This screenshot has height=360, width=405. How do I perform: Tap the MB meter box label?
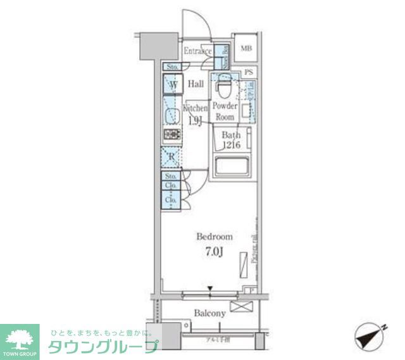tap(246, 48)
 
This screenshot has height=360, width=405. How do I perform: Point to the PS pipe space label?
tap(249, 73)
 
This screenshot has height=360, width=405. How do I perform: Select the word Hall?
tap(196, 84)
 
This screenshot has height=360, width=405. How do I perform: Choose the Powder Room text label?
tap(225, 111)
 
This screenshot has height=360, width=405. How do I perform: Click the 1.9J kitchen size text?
tap(195, 120)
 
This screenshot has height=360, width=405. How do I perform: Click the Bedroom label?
tap(214, 237)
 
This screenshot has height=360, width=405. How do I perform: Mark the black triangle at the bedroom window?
tap(211, 290)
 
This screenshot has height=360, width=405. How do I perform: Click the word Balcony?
tap(209, 313)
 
